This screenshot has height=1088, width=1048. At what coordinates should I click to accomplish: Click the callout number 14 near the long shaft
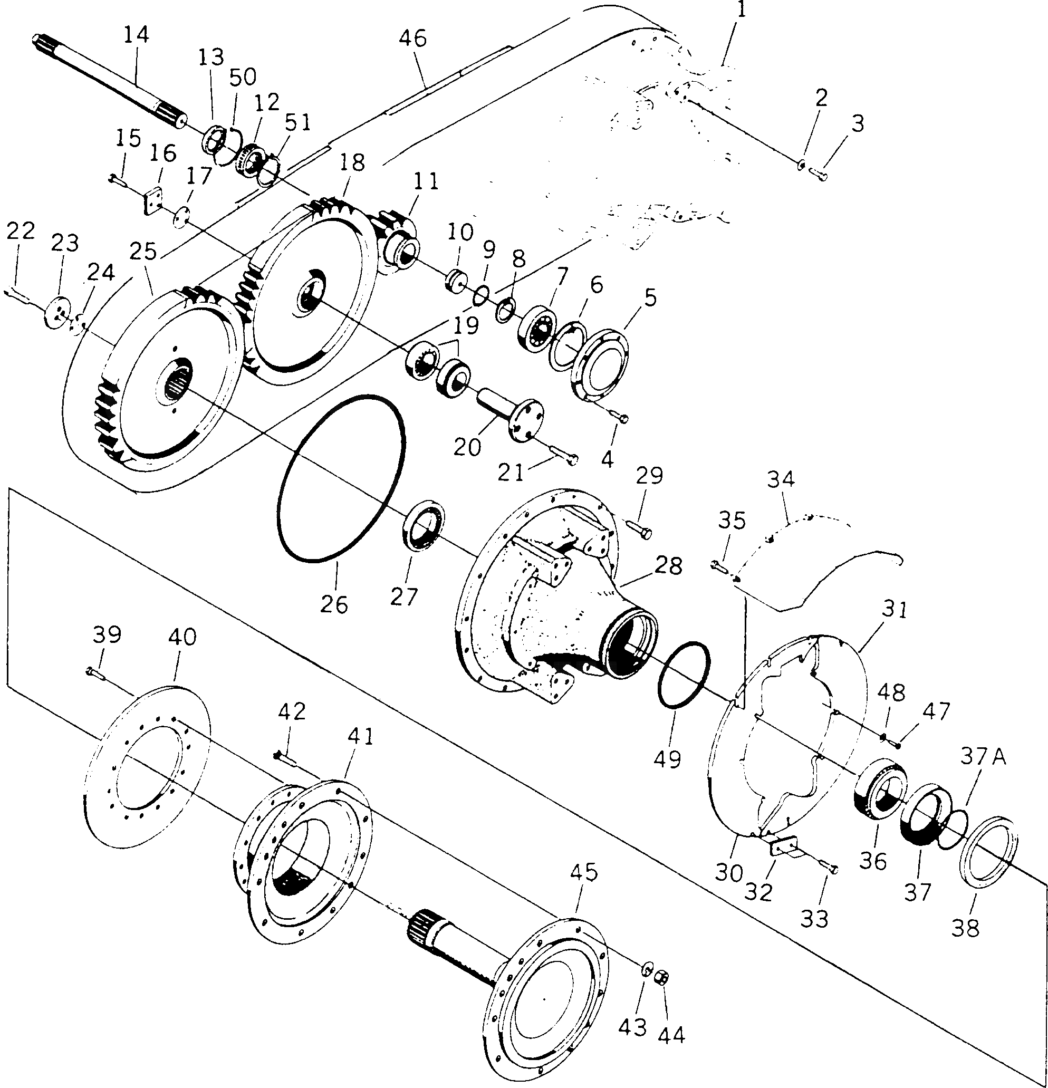click(x=136, y=35)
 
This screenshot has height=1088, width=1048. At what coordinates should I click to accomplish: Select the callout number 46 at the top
click(x=413, y=39)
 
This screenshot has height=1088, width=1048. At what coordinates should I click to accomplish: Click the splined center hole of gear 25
click(x=179, y=379)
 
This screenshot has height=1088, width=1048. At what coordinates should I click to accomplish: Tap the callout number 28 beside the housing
click(x=668, y=565)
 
